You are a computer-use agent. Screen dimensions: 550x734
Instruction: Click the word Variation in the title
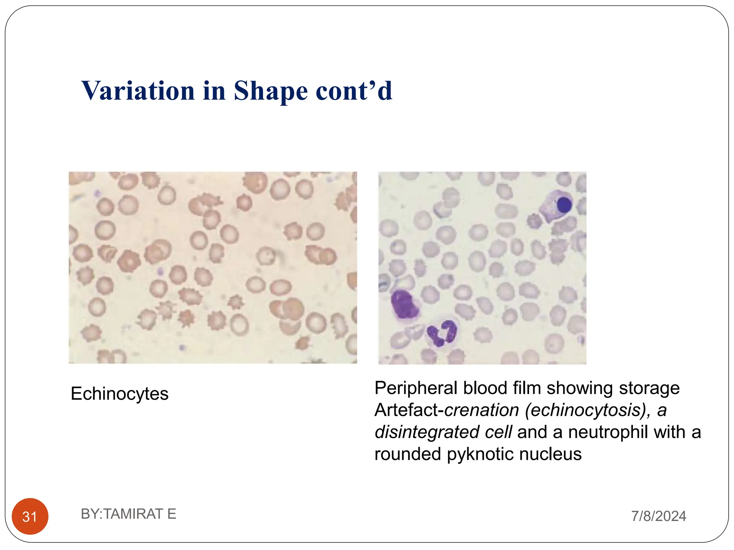point(138,91)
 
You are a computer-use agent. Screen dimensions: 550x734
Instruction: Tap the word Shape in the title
point(271,91)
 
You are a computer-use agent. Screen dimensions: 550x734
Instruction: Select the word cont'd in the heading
point(354,91)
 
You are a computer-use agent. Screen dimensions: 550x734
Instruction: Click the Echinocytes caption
point(119,394)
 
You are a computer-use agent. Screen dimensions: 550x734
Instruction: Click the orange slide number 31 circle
point(30,516)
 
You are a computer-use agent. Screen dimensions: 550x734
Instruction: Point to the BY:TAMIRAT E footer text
point(128,514)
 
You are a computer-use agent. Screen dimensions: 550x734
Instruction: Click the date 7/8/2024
point(658,516)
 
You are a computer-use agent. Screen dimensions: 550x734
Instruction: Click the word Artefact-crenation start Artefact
point(407,410)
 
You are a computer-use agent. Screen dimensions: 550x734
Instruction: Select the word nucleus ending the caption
point(550,454)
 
